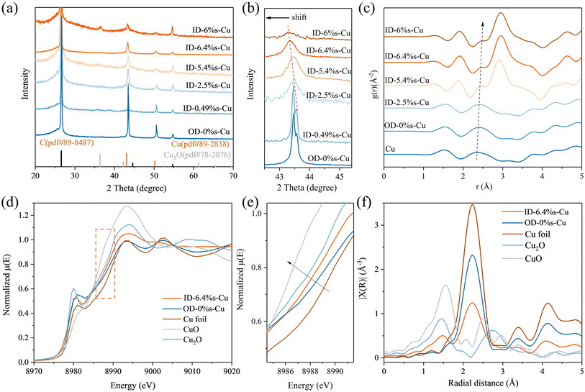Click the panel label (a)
(x=13, y=11)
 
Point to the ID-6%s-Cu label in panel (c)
(x=404, y=30)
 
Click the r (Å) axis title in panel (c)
(x=481, y=188)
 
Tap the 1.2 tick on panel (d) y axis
(x=25, y=215)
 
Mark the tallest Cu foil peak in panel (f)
(x=472, y=206)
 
